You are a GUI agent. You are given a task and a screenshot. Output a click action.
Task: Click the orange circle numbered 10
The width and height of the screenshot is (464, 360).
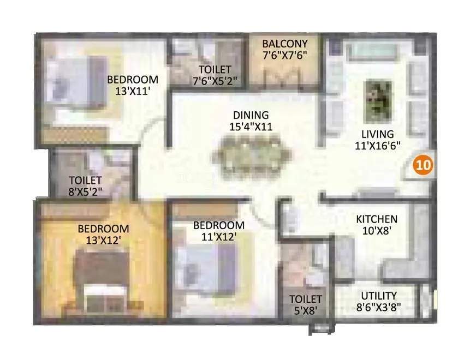click(x=423, y=164)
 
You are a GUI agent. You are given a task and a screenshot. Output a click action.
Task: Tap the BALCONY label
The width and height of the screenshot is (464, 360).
click(x=284, y=44)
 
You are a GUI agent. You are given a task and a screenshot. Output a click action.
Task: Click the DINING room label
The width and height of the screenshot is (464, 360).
click(x=251, y=115)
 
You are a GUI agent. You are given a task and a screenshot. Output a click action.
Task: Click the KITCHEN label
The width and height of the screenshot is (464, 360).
click(x=377, y=219)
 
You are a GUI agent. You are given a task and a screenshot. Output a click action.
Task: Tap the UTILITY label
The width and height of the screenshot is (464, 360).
click(x=379, y=296)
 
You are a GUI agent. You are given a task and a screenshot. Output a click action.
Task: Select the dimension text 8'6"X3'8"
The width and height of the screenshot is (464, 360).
click(x=379, y=308)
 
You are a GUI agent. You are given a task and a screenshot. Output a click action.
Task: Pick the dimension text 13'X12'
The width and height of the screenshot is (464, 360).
click(x=103, y=239)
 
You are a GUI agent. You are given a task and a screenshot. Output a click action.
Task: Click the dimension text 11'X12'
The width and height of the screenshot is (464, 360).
click(x=218, y=236)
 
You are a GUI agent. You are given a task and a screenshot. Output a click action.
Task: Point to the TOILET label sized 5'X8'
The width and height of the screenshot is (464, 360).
click(x=305, y=299)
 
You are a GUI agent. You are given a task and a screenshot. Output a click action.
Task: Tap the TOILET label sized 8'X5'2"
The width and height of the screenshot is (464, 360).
click(x=86, y=180)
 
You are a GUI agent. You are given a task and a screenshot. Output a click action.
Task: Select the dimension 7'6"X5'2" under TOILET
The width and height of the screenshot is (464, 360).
click(x=215, y=81)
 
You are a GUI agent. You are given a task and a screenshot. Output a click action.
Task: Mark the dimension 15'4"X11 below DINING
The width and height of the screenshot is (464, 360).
click(x=251, y=127)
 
